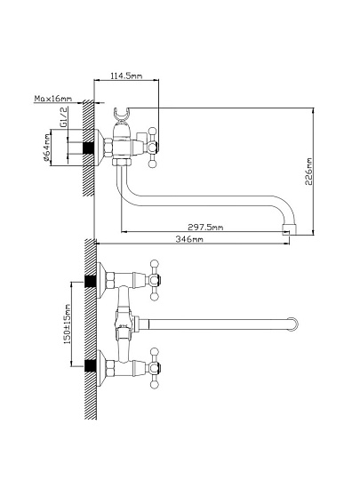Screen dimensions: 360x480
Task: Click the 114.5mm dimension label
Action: [x=126, y=76]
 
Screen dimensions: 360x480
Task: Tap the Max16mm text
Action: [x=53, y=99]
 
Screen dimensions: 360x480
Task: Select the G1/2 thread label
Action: [x=63, y=117]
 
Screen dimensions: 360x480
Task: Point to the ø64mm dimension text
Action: [x=46, y=148]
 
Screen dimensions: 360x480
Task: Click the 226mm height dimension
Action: [x=308, y=172]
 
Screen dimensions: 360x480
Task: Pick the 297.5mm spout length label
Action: [x=205, y=228]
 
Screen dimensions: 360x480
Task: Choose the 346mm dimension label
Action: [x=189, y=239]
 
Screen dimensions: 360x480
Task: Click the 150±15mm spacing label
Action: [x=67, y=324]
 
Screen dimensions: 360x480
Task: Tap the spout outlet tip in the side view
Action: [x=289, y=229]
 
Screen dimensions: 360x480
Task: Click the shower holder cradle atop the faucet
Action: [x=120, y=116]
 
